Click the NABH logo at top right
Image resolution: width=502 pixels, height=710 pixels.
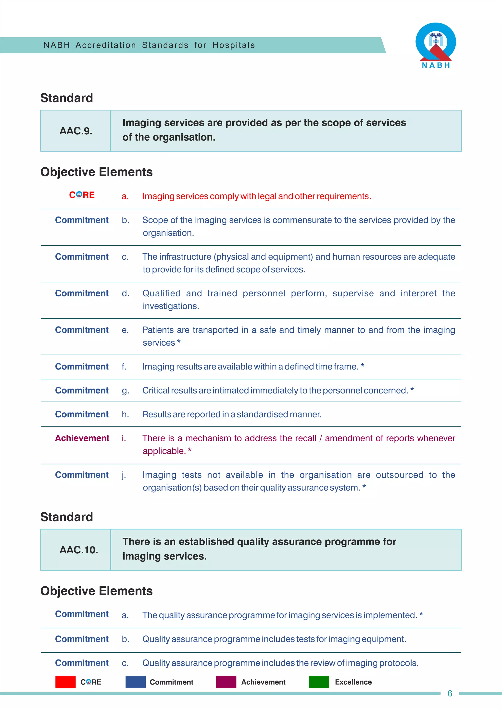coord(436,45)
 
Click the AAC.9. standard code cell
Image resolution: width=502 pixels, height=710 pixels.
coord(76,131)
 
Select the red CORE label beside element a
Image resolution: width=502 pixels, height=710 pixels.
coord(82,195)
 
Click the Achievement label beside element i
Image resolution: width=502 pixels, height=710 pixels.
coord(82,438)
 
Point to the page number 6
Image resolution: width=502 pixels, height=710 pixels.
coord(450,693)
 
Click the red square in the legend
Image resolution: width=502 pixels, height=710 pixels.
coord(65,682)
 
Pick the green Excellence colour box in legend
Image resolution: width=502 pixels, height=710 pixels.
coord(319,682)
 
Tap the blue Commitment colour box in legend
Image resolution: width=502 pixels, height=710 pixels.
coord(135,682)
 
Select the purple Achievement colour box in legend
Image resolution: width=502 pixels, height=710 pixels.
coord(226,682)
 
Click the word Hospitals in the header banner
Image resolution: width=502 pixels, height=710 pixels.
coord(233,45)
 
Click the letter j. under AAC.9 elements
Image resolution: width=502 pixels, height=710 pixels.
coord(124,475)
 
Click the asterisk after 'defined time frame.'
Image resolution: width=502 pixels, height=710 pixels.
coord(363,366)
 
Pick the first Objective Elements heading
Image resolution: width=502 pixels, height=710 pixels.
coord(96,172)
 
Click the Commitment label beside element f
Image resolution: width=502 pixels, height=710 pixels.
coord(82,367)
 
